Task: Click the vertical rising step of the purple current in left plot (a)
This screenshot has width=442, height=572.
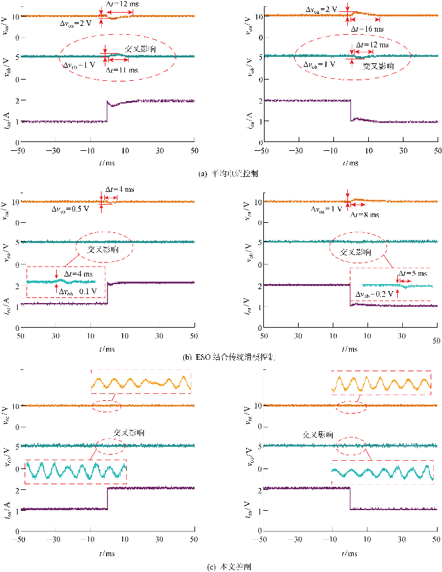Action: coord(107,110)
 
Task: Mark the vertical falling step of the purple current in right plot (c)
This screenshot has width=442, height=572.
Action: coord(350,498)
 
